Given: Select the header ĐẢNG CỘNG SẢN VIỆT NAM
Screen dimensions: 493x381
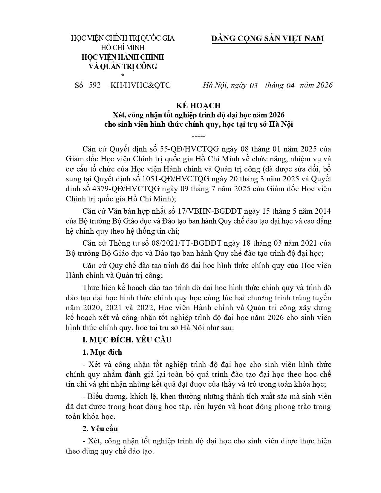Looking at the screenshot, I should (x=267, y=39).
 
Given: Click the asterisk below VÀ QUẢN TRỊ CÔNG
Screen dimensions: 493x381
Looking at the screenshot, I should (x=123, y=75).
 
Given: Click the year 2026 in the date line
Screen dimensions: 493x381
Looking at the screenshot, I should (x=320, y=85).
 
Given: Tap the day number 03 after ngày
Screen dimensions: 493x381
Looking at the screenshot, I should (x=253, y=85).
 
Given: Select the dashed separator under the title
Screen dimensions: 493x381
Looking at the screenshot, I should (x=198, y=136).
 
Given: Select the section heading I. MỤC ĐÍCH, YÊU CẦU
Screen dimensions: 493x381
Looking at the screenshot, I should (x=127, y=340).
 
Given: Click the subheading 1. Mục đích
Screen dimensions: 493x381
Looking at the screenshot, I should (x=102, y=352).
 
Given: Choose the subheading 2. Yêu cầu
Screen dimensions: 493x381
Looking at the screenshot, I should (x=100, y=428).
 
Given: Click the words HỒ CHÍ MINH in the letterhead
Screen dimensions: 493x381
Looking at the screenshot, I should (x=123, y=48).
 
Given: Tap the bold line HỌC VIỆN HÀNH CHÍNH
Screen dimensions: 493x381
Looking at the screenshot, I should (x=123, y=57).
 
